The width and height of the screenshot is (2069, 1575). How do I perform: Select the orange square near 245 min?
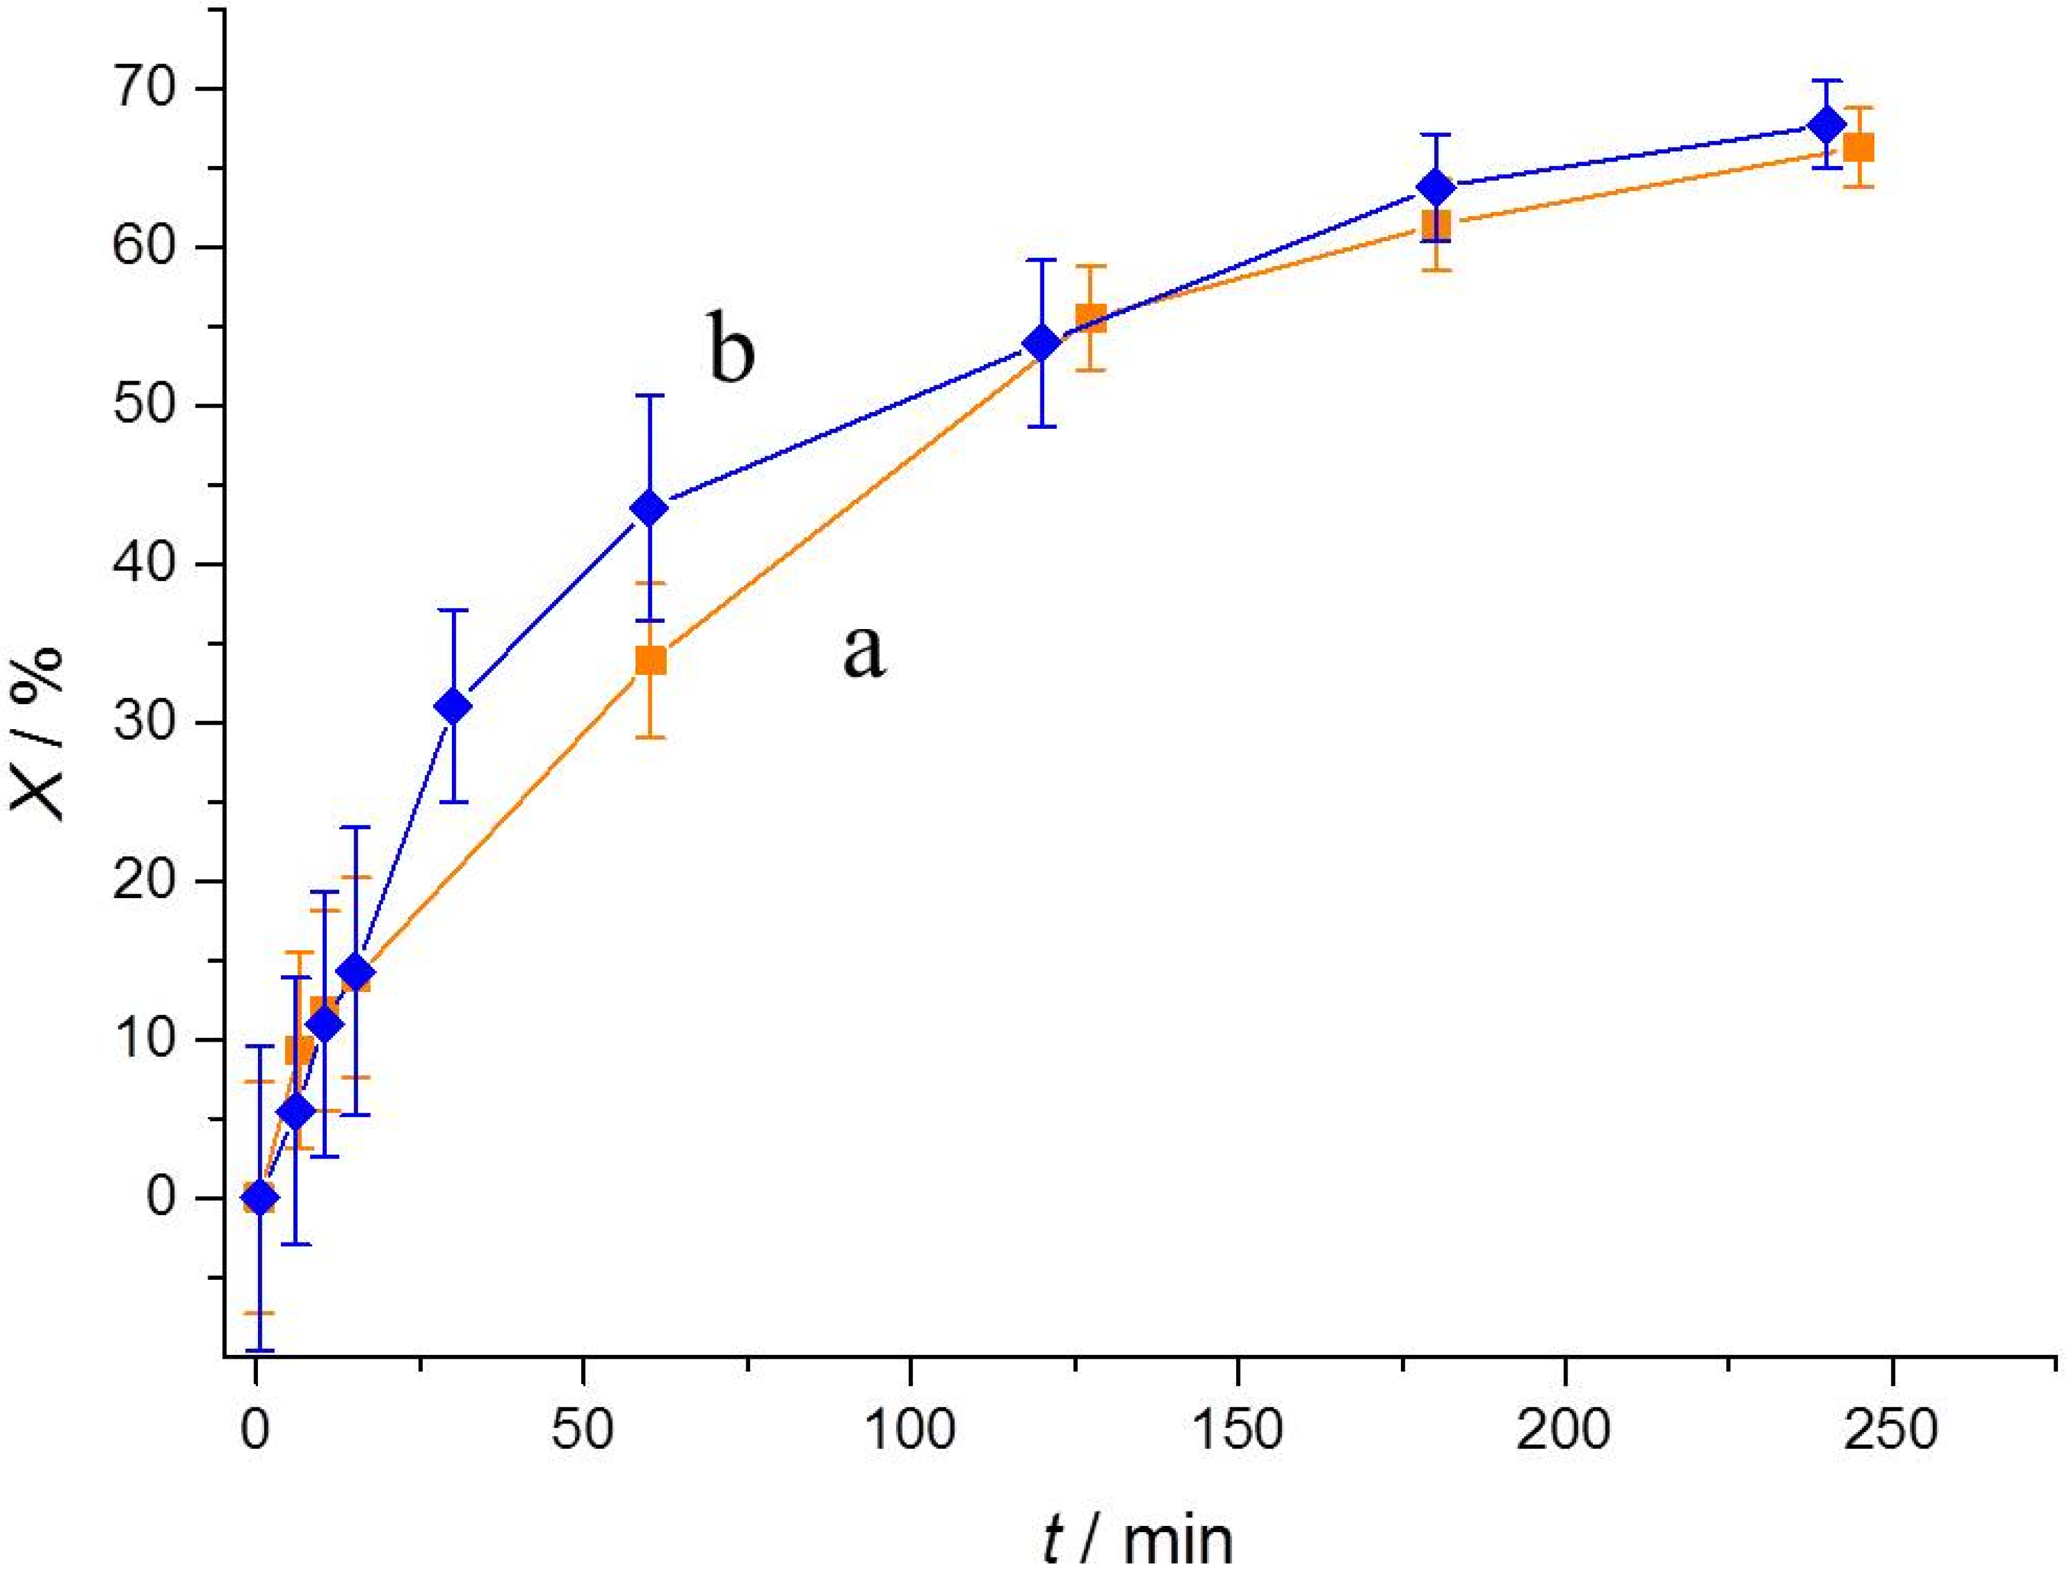[1858, 147]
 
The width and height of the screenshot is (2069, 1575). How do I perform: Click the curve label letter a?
[863, 651]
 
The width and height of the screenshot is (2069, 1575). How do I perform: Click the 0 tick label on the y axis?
[161, 1199]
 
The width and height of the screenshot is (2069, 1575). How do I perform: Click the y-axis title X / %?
[39, 731]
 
